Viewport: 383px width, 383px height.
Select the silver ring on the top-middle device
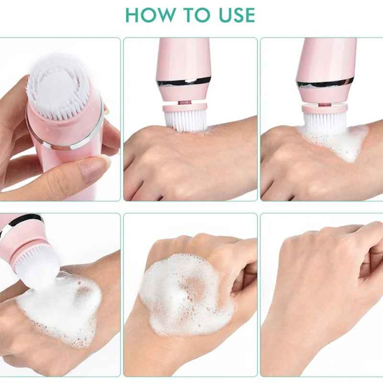point(184,81)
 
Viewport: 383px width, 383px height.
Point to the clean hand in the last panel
point(316,287)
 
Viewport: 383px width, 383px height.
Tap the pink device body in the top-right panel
point(326,57)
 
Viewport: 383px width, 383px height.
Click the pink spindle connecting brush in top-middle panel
point(184,101)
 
